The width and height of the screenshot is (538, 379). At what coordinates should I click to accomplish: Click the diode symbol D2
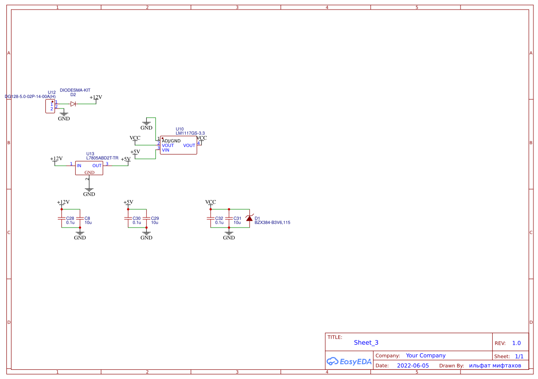click(x=73, y=104)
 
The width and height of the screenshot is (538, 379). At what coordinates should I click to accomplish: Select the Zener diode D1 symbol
click(x=249, y=218)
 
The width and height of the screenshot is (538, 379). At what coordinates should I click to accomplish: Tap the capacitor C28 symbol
click(x=62, y=218)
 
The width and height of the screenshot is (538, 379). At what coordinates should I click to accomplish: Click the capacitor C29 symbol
click(x=147, y=218)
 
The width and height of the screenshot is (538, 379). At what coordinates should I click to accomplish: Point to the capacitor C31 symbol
click(x=229, y=218)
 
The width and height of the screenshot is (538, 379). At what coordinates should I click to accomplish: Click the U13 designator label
click(x=90, y=154)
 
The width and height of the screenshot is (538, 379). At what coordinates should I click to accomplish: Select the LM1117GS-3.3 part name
click(x=190, y=133)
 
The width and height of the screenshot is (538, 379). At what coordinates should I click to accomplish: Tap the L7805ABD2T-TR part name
click(x=102, y=158)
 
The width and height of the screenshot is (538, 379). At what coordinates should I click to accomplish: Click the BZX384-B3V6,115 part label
click(x=272, y=222)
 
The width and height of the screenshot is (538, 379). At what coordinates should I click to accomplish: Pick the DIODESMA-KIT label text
click(x=75, y=91)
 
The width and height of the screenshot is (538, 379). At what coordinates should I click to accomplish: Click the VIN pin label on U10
click(x=165, y=150)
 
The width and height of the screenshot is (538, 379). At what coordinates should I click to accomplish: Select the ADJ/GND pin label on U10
click(x=171, y=141)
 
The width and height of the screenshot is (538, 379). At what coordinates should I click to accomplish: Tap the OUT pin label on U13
click(x=97, y=166)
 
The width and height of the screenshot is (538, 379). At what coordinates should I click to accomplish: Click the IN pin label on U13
click(x=79, y=166)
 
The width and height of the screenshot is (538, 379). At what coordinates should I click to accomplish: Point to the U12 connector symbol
click(x=50, y=107)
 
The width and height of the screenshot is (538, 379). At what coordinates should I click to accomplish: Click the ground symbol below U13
click(x=89, y=189)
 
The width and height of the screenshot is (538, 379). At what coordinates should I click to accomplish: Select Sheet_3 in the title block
click(x=366, y=342)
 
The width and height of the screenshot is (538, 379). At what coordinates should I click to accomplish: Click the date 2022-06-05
click(x=413, y=366)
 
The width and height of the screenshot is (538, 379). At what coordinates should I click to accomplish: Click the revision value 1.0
click(x=516, y=343)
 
